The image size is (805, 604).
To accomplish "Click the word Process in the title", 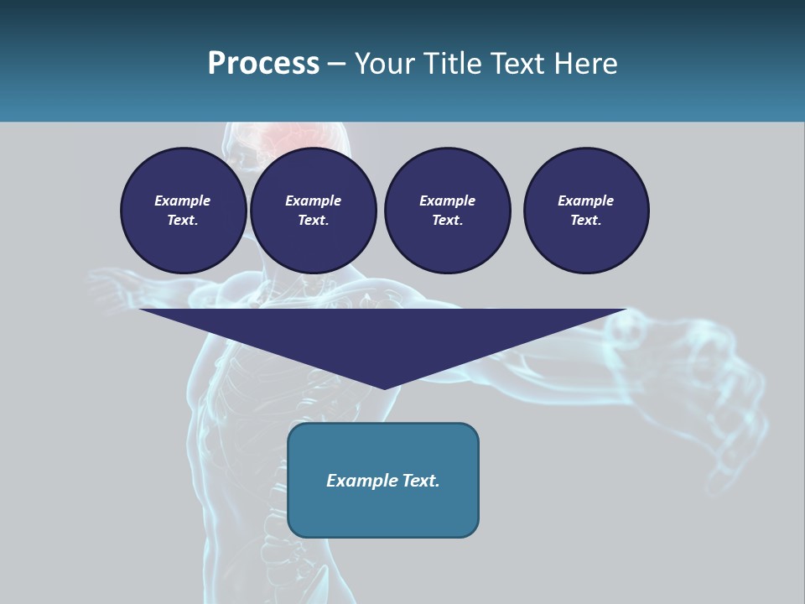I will [x=263, y=64].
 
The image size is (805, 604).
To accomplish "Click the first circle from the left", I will [x=183, y=211].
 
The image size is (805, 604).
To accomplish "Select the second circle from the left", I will [x=313, y=211].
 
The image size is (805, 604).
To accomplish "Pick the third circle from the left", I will [x=447, y=211].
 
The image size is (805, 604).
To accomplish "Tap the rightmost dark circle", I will [x=586, y=211].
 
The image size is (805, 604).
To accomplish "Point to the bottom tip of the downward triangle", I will [x=384, y=388].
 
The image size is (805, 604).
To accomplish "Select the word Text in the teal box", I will [x=420, y=481].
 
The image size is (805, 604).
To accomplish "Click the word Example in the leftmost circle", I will [x=183, y=200].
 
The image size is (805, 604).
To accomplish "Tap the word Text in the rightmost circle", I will [x=585, y=221].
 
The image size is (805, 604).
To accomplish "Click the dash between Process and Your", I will [x=337, y=65].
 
